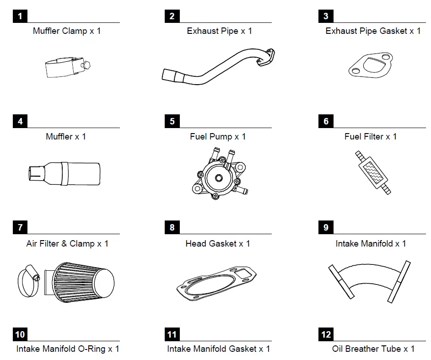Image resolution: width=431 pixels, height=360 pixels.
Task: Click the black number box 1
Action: tap(20, 16)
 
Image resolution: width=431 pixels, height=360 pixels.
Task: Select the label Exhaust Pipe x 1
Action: tap(219, 31)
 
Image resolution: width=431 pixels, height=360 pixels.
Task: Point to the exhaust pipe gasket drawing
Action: tap(371, 65)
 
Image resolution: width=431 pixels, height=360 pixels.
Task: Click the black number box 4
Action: tap(20, 122)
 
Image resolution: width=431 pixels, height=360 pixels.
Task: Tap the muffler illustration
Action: tap(64, 173)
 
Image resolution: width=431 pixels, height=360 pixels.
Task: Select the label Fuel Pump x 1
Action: tap(218, 137)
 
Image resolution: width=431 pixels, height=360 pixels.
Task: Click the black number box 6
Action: tap(326, 122)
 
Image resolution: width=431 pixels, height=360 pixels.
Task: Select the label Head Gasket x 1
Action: tap(217, 244)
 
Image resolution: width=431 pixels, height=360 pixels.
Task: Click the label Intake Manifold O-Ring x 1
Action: tap(68, 349)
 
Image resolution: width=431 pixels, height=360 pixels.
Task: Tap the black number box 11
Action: tap(172, 335)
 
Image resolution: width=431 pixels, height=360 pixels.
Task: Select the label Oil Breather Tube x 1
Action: tap(373, 349)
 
